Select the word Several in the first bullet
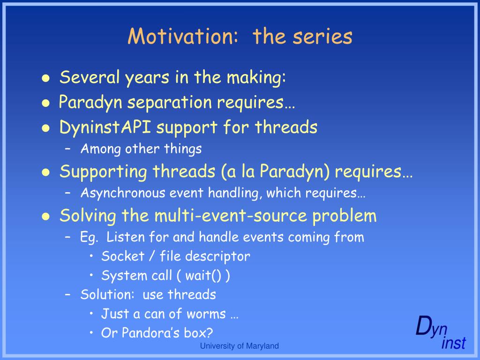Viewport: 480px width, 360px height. coord(90,77)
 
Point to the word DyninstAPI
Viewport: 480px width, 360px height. coord(105,127)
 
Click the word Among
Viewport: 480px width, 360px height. coord(101,150)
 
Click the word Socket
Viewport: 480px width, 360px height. coord(123,256)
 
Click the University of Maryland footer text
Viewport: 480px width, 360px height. coord(239,346)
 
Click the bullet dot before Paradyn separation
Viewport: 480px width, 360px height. coord(45,103)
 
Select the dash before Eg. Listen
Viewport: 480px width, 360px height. coord(68,237)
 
